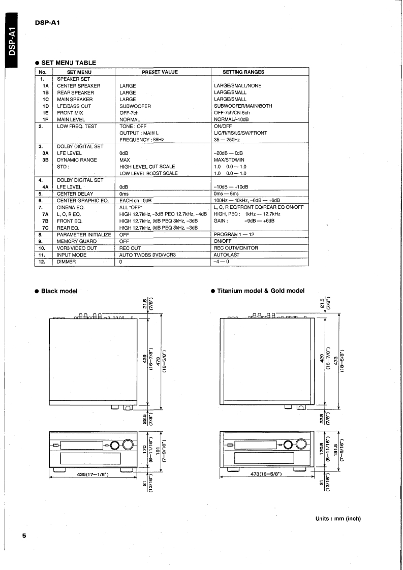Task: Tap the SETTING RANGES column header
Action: tap(243, 72)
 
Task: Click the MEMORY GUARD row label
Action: tap(77, 241)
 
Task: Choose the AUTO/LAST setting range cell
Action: tap(227, 255)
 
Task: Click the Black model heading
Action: tap(59, 291)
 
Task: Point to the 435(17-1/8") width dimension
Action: tap(94, 474)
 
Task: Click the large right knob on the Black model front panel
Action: tap(128, 446)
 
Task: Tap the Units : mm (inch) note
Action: tap(337, 519)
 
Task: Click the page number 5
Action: tap(24, 536)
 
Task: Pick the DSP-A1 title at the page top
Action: tap(48, 23)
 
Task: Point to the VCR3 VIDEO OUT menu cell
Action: tap(77, 248)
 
